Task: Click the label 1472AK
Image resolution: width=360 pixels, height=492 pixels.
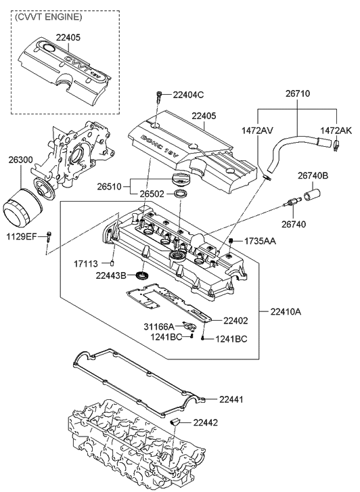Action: coord(336,129)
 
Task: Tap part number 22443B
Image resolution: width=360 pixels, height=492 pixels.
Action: coord(112,275)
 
